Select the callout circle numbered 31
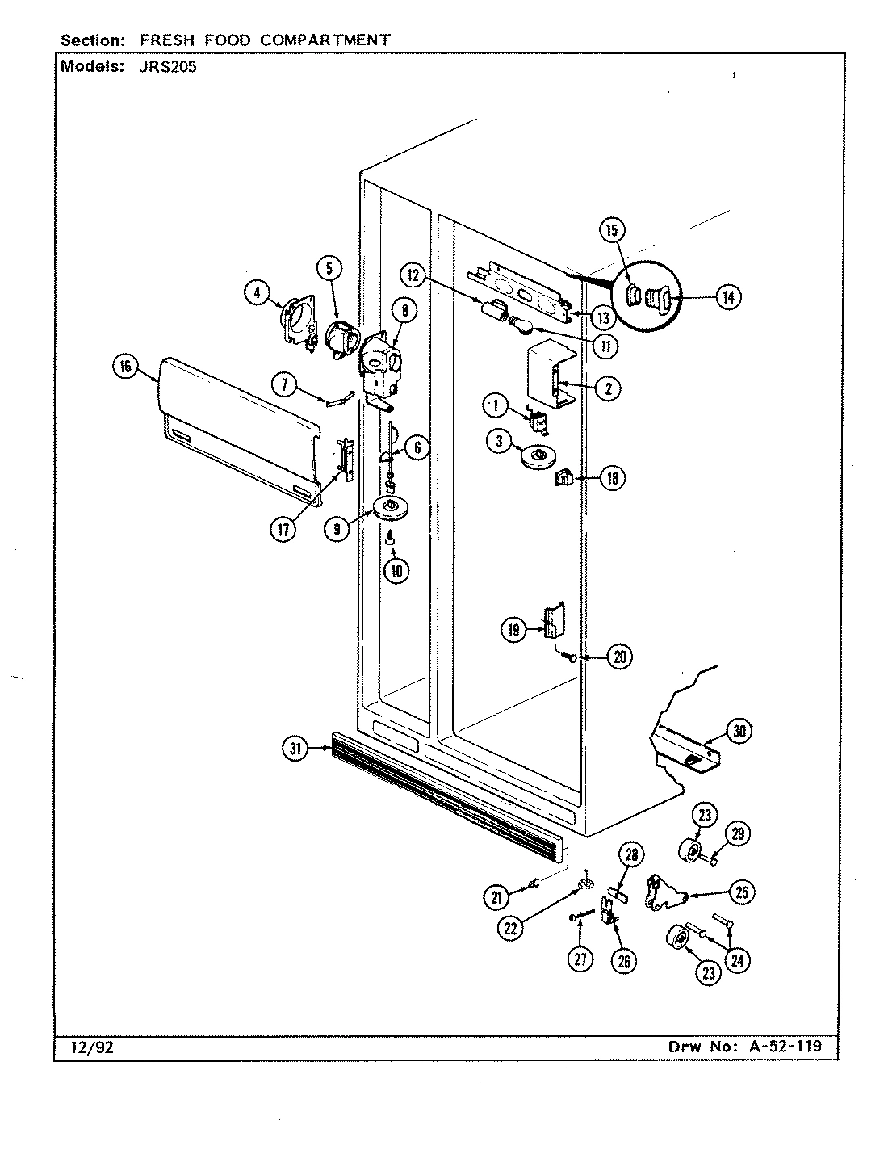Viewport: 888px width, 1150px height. [295, 749]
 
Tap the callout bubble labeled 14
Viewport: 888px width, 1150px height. [728, 297]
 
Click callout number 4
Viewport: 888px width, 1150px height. [257, 294]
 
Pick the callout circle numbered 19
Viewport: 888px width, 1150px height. [513, 630]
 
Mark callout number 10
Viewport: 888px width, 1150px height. [396, 571]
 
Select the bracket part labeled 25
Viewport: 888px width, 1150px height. [664, 893]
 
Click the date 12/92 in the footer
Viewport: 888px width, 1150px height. [83, 1048]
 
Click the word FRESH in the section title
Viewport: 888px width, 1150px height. [186, 40]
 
